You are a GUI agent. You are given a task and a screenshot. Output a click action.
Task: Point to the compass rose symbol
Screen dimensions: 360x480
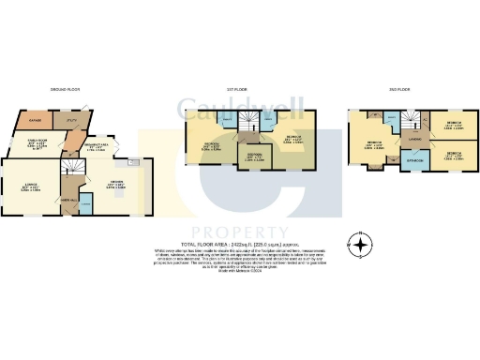tap(357, 243)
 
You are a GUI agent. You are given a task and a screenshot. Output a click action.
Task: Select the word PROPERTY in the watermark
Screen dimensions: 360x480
tap(240, 231)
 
